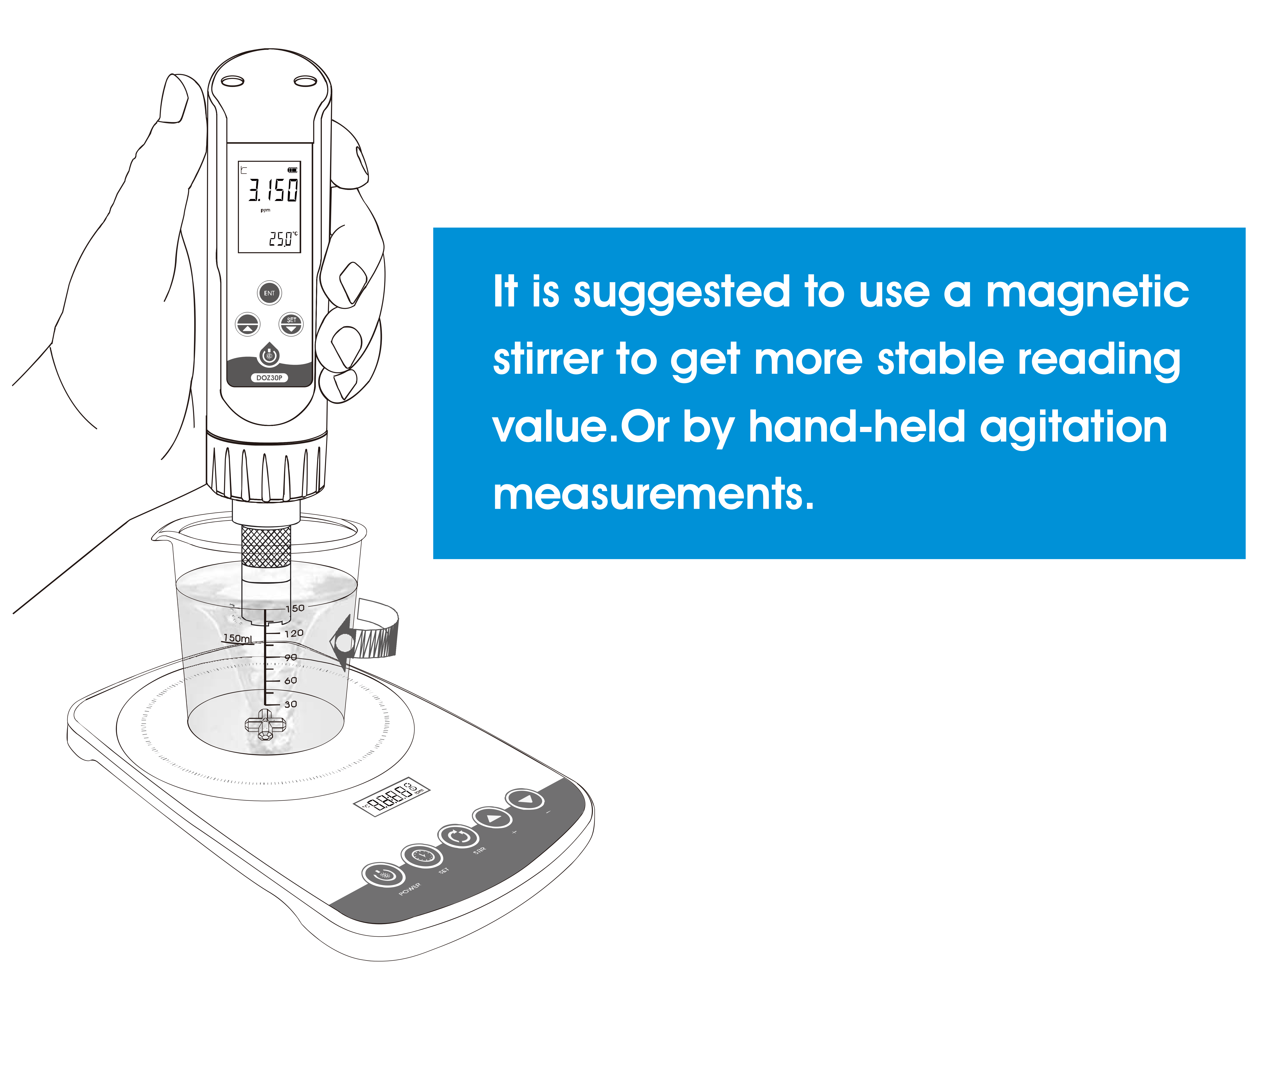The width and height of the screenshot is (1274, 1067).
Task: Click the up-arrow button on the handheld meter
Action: tap(248, 325)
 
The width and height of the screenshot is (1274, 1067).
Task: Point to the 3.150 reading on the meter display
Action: tap(273, 190)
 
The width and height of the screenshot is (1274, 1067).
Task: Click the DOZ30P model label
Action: tap(269, 378)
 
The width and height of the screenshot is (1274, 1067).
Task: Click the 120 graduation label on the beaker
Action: tap(294, 633)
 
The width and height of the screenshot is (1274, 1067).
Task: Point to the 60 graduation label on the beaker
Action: tap(290, 680)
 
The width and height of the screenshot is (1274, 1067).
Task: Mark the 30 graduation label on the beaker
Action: tap(290, 704)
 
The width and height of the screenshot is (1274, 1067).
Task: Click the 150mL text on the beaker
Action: tap(237, 638)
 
